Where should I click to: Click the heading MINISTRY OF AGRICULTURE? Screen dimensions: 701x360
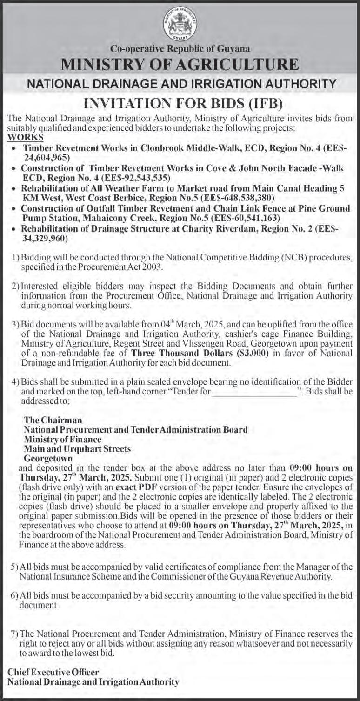(180, 64)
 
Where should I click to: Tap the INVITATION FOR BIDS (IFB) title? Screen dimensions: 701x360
(180, 102)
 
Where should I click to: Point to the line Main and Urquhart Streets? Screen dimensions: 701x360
(77, 449)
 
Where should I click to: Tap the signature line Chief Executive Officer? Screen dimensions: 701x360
(53, 672)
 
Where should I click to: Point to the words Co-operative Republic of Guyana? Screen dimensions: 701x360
(180, 48)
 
